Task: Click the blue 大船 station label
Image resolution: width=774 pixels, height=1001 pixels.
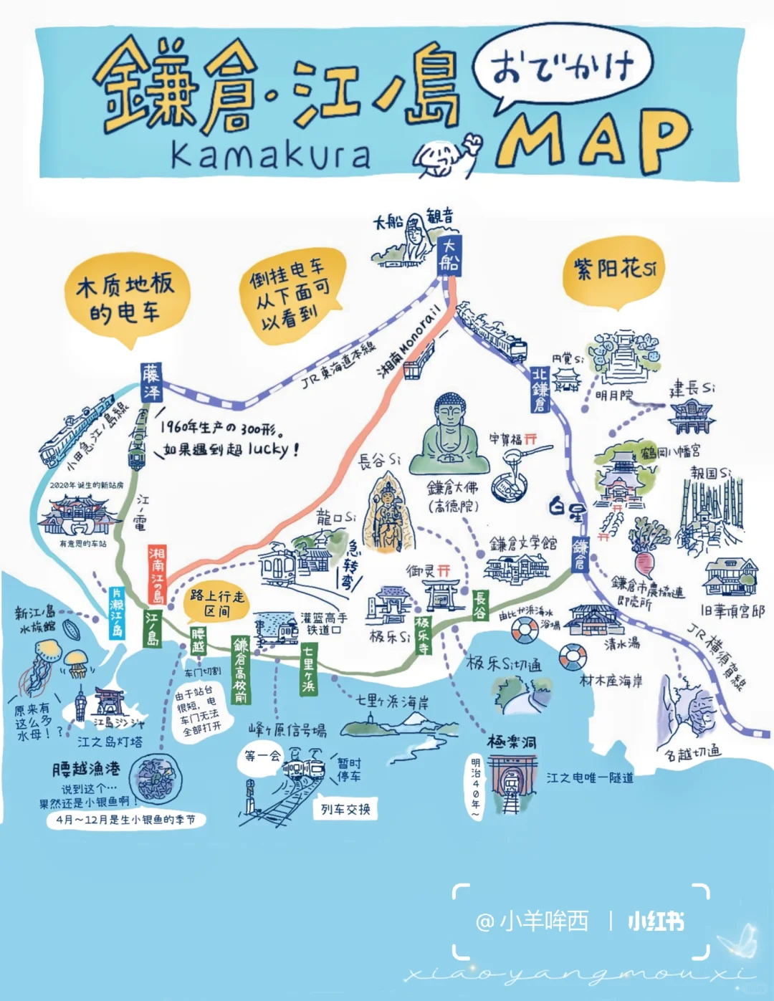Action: coord(449,253)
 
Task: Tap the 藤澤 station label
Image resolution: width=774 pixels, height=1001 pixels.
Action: coord(152,382)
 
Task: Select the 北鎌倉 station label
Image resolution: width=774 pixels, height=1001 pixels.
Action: coord(540,390)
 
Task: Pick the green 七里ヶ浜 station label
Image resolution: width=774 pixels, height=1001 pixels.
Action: coord(308,669)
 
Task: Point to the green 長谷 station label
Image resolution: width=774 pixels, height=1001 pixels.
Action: coord(480,604)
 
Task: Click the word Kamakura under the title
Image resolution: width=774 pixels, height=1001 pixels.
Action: coord(271,155)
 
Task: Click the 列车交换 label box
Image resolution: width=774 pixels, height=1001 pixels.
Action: coord(345,809)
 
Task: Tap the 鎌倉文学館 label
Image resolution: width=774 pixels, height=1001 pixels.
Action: coord(523,544)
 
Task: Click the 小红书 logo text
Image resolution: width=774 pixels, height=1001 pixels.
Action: coord(655,921)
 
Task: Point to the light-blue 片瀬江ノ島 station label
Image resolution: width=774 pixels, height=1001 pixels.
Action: coord(117,613)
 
